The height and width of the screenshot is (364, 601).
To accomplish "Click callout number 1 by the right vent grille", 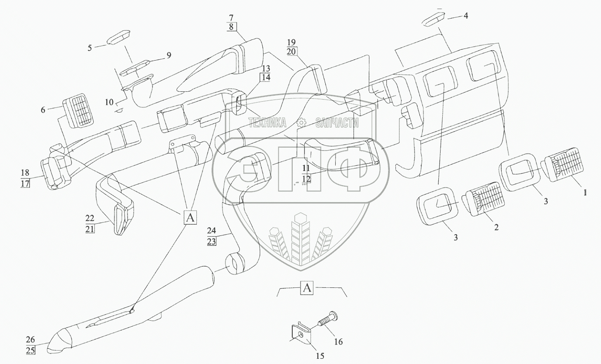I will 585,193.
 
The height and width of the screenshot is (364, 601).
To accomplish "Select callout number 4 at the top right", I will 466,16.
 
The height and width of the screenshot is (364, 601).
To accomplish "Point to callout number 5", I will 90,47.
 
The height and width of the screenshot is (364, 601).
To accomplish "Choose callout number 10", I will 109,102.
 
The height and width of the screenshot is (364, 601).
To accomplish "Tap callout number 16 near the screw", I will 338,341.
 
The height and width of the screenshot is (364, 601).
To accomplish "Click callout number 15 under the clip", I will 320,356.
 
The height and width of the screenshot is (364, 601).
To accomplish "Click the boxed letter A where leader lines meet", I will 190,217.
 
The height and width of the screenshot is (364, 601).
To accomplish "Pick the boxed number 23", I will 224,242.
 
